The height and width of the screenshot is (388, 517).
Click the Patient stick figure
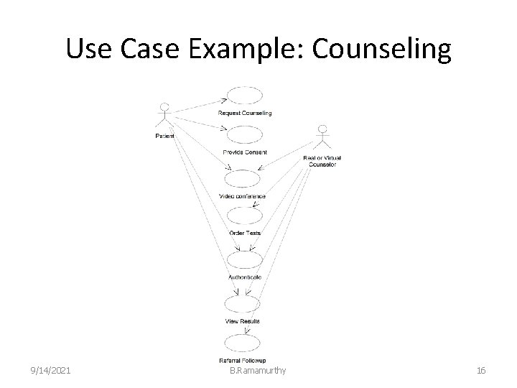[x=164, y=116]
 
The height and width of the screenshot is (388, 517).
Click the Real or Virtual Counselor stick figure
[x=322, y=139]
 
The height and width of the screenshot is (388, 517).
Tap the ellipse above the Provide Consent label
[x=245, y=135]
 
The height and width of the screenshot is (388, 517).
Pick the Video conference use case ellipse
[x=243, y=179]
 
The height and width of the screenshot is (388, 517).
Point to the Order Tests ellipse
[x=245, y=217]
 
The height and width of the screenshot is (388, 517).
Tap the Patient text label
[x=164, y=135]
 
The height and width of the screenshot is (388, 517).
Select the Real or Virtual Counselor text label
[x=322, y=160]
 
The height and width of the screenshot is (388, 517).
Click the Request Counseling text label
[x=245, y=113]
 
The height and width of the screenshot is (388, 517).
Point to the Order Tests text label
[x=245, y=233]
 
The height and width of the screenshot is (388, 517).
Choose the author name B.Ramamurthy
[x=258, y=370]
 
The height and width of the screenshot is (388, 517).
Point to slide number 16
[x=481, y=370]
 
